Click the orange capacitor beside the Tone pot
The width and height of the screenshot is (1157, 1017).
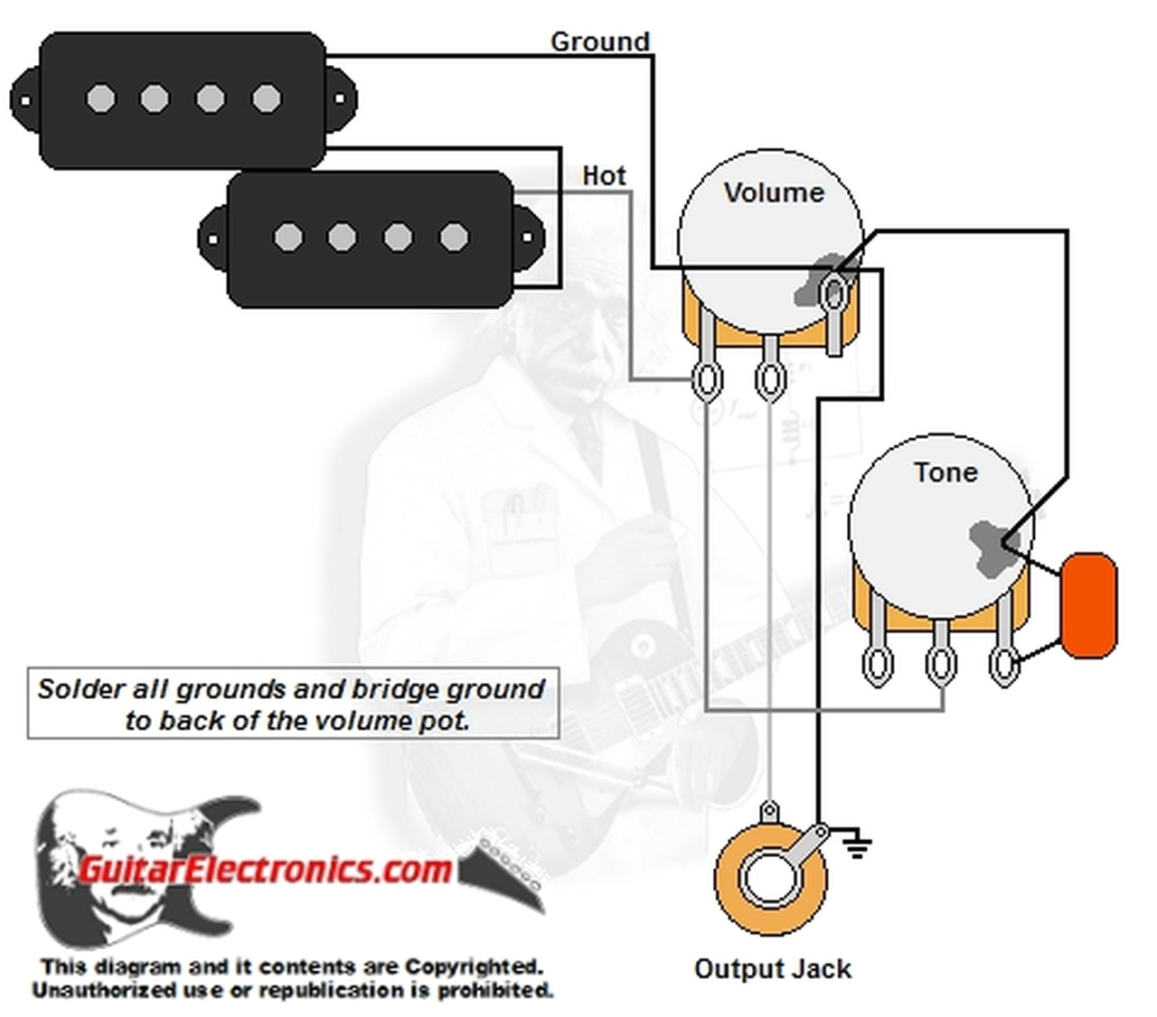coord(1089,605)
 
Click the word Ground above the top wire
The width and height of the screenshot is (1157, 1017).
coord(599,42)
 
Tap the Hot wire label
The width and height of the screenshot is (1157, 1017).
coord(604,174)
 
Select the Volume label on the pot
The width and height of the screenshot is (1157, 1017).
coord(774,192)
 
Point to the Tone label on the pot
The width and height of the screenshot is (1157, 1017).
coord(945,471)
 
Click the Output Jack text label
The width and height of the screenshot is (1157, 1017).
coord(772,969)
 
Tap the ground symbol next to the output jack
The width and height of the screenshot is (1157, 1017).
coord(856,845)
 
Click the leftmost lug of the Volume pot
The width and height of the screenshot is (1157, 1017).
coord(706,379)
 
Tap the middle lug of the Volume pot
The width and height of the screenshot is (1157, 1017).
coord(769,379)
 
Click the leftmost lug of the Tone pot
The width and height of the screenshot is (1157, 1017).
coord(876,664)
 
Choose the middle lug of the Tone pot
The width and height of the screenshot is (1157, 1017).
coord(939,664)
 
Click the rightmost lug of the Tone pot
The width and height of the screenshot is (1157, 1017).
coord(1002,664)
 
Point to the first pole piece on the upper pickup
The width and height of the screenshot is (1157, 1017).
coord(100,98)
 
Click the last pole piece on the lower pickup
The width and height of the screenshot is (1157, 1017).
coord(454,238)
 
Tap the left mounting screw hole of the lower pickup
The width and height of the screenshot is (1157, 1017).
coord(212,240)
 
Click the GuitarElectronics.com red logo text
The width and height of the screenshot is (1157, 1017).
coord(264,869)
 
